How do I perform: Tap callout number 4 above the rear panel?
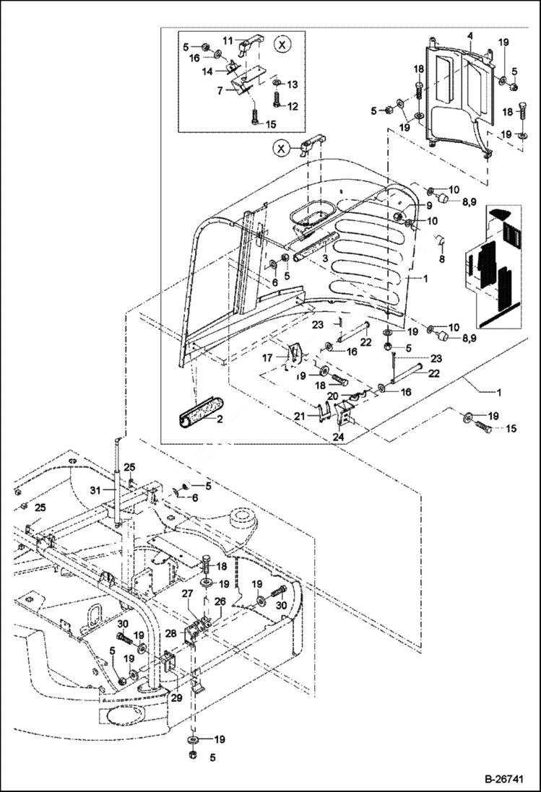click(469, 35)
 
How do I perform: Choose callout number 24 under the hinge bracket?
click(339, 435)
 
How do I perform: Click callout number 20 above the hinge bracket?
click(332, 396)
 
